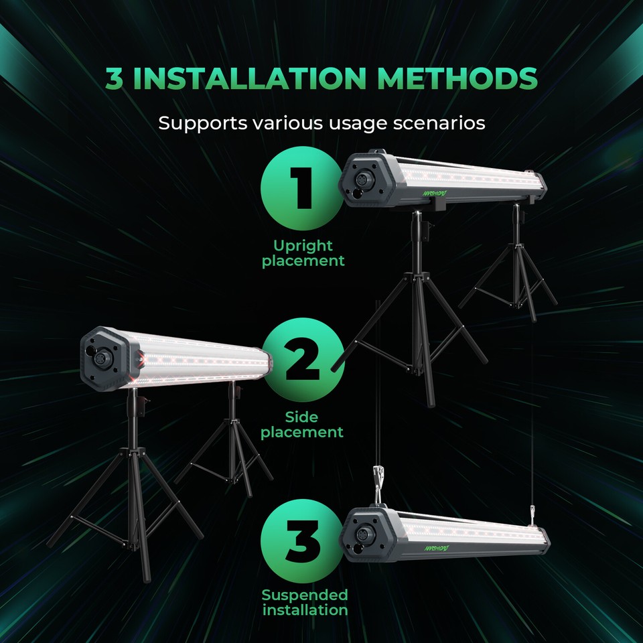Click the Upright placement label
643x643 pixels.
tap(303, 253)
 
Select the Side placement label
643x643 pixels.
tap(302, 425)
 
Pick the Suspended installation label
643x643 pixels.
tap(305, 602)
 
